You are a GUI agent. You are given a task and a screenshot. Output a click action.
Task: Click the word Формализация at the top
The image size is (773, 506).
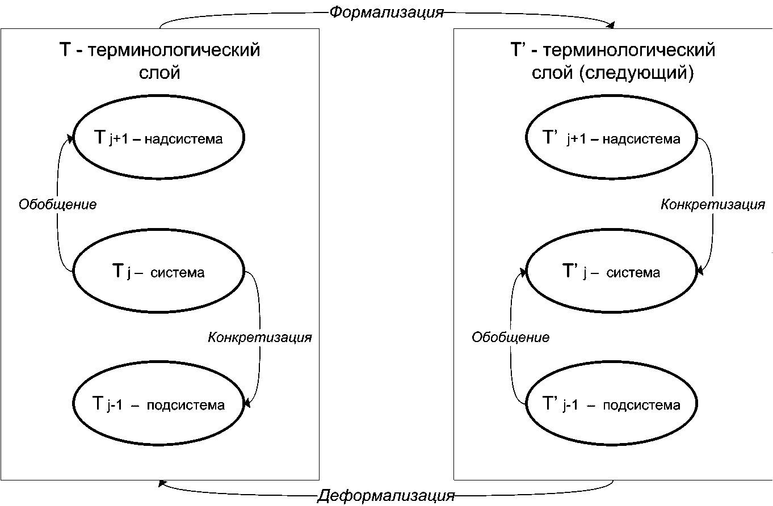386,12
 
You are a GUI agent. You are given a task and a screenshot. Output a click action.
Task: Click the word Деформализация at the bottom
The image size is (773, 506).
386,496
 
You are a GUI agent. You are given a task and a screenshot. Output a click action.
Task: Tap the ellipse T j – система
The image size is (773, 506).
159,272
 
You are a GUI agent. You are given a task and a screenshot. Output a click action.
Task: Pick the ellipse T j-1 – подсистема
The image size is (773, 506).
159,405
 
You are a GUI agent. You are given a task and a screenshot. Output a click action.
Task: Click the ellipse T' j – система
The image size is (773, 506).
611,272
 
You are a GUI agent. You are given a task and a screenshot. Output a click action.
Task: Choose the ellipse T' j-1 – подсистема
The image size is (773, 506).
611,405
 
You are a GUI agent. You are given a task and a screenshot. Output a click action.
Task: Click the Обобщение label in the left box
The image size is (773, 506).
57,204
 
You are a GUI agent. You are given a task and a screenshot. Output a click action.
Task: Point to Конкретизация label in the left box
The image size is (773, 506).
260,338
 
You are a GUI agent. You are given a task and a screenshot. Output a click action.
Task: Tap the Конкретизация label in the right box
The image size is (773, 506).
713,204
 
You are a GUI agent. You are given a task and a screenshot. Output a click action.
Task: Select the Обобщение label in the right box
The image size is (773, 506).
511,338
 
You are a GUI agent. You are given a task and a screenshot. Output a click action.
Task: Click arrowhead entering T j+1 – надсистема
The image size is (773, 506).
71,139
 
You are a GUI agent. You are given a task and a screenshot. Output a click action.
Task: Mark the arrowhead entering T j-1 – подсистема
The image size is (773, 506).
246,403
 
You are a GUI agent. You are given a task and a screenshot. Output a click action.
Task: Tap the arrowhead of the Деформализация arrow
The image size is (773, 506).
162,483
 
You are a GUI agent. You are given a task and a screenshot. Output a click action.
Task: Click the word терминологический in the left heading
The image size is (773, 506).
174,50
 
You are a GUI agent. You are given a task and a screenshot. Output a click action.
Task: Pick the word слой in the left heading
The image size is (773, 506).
159,74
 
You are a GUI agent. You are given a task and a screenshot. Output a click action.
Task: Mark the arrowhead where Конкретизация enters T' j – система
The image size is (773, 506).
699,272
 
